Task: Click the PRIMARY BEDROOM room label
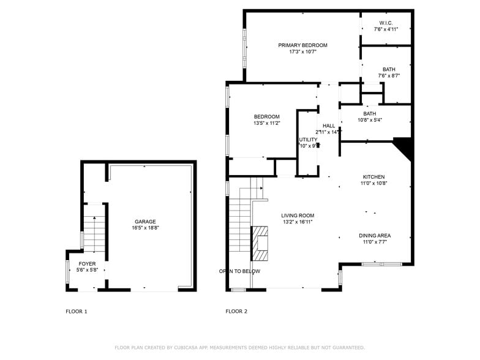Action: click(302, 45)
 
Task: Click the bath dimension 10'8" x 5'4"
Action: click(370, 120)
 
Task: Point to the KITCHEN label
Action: click(373, 176)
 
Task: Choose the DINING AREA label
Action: click(375, 235)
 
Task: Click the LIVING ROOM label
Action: click(298, 216)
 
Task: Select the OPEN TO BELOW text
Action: click(239, 271)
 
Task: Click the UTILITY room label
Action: click(308, 140)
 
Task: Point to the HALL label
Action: click(329, 126)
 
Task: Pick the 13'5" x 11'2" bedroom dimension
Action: click(267, 123)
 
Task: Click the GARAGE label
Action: click(145, 222)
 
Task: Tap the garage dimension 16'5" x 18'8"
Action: click(145, 228)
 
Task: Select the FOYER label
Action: click(87, 263)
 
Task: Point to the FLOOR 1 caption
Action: click(77, 312)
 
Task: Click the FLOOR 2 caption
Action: click(236, 312)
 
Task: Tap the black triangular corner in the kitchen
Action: click(403, 146)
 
